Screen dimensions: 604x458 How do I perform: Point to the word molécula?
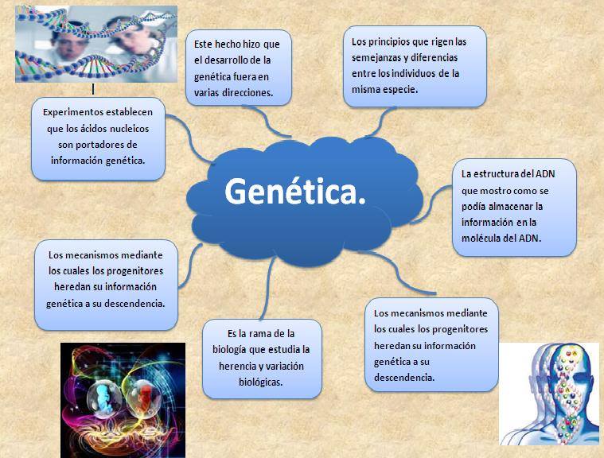tap(479, 239)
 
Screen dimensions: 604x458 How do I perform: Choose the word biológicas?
tap(261, 382)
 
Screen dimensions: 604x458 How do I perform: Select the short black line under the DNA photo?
tap(93, 89)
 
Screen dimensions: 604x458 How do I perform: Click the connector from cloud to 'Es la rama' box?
tap(268, 288)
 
